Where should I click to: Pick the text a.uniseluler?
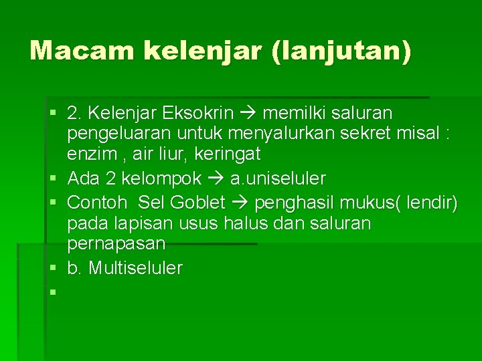click(278, 179)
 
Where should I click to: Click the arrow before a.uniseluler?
click(216, 179)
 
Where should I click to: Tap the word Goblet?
click(198, 201)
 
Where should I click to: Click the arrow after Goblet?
click(239, 201)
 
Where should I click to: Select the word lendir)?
click(431, 201)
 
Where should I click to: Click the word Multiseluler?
click(135, 268)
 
